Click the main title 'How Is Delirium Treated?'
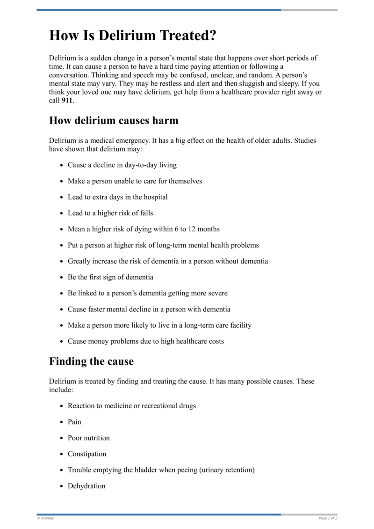[133, 36]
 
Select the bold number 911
[67, 101]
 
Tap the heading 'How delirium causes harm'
[114, 121]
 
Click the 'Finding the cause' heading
[91, 361]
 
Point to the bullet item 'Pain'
[74, 422]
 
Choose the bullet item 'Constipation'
[87, 454]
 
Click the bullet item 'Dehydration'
[86, 486]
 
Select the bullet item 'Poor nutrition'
[89, 438]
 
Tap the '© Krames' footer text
[45, 518]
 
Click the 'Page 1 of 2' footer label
[328, 518]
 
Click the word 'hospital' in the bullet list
[155, 197]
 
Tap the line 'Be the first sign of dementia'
[110, 277]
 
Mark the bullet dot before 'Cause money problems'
[62, 342]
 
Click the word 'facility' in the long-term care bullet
[238, 325]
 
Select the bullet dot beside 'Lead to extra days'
[62, 198]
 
